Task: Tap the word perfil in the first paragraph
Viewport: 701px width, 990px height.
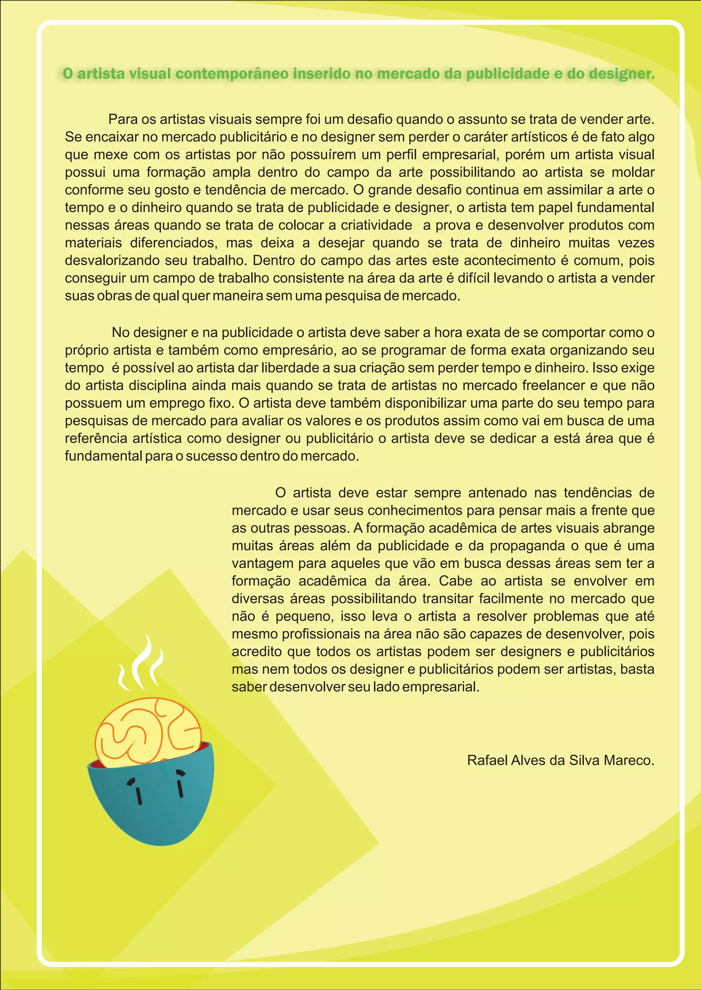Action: [x=400, y=155]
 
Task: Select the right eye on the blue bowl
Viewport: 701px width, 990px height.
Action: [x=180, y=785]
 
